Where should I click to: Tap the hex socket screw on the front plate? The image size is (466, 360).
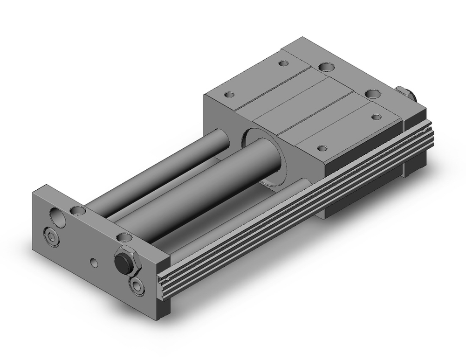tap(52, 236)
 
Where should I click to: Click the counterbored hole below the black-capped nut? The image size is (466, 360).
tap(137, 285)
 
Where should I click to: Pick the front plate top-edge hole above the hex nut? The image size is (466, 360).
tap(123, 237)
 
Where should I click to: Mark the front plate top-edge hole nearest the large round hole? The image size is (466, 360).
tap(77, 210)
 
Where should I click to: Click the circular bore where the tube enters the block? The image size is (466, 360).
tap(261, 154)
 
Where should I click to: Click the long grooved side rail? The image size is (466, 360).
tap(298, 205)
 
